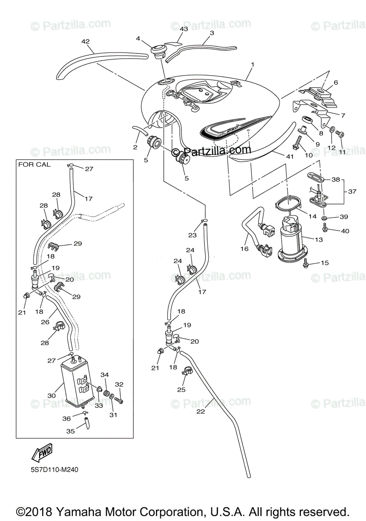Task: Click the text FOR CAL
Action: click(x=34, y=165)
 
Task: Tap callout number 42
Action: click(x=86, y=42)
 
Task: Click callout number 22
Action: click(x=201, y=412)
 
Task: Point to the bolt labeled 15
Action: click(x=306, y=263)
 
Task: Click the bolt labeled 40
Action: click(x=325, y=226)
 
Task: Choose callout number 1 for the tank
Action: click(x=252, y=64)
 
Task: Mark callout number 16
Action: click(x=244, y=249)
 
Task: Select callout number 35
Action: click(x=70, y=431)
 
